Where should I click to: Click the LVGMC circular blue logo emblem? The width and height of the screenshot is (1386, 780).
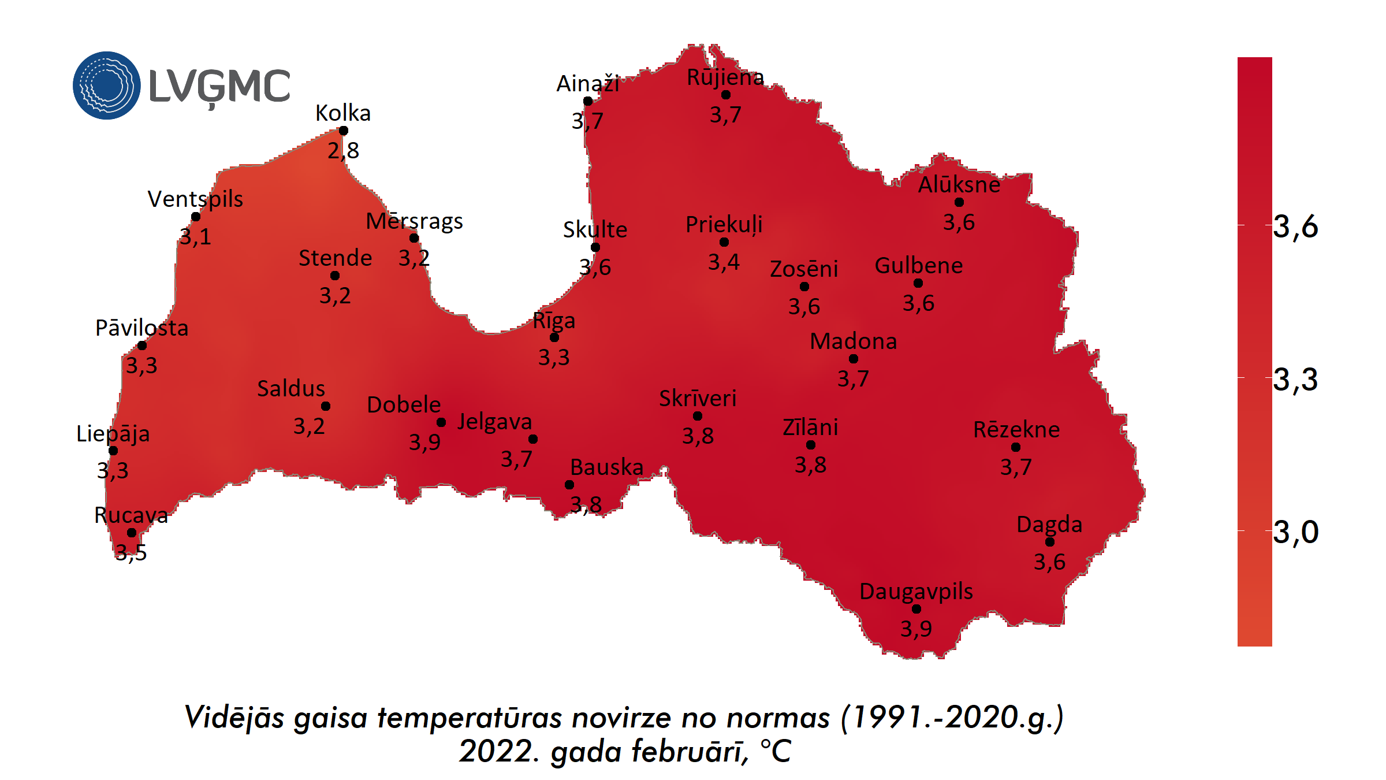click(106, 86)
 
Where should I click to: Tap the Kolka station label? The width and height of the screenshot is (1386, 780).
click(343, 113)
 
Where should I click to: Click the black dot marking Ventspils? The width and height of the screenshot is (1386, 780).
click(196, 217)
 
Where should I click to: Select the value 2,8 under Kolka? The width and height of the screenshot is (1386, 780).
click(344, 151)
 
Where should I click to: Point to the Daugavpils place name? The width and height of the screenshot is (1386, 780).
click(916, 592)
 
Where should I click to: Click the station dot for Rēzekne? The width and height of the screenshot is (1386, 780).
click(1016, 447)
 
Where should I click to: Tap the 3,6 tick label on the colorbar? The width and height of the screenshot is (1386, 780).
click(1295, 226)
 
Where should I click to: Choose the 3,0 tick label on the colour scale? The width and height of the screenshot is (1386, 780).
click(1295, 532)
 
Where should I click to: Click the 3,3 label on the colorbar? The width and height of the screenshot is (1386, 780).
click(1295, 380)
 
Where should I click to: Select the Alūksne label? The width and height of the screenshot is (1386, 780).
click(959, 185)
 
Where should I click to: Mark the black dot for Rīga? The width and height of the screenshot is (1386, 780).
click(554, 337)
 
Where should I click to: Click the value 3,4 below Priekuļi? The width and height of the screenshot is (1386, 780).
click(724, 262)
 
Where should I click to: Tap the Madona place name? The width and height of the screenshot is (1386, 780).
click(853, 341)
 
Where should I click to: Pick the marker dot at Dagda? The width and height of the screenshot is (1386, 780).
click(1050, 542)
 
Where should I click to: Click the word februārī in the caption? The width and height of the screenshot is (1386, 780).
click(690, 752)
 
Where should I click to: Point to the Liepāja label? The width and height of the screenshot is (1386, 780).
click(113, 434)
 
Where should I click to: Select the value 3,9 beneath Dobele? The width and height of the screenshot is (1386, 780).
click(424, 443)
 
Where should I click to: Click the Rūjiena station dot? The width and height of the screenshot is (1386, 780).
click(726, 95)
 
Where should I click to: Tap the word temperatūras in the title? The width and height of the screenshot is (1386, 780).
click(470, 718)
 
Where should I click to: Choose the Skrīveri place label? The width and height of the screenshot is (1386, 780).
click(698, 399)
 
